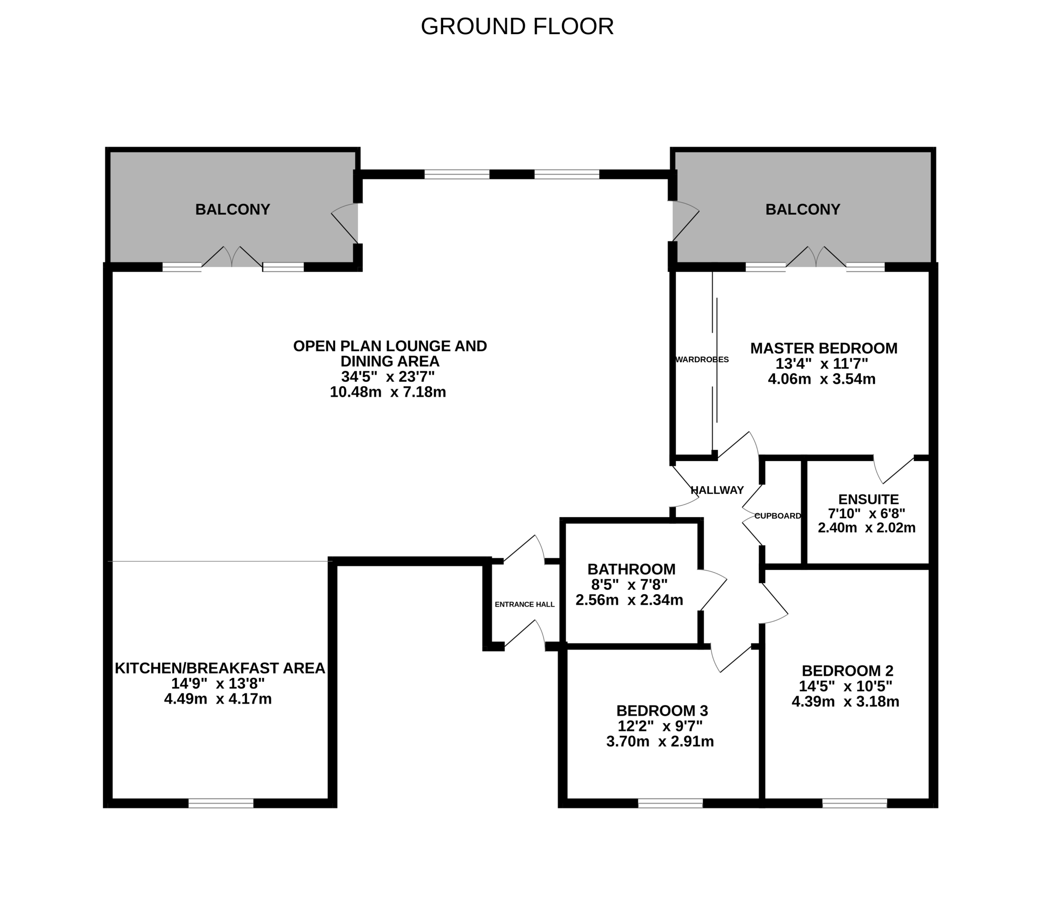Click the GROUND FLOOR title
[517, 26]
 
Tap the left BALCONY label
[232, 209]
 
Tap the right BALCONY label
[803, 209]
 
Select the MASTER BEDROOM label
[823, 348]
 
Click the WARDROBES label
[702, 360]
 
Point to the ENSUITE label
[868, 499]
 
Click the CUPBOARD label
[777, 516]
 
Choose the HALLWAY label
[717, 490]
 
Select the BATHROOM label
[631, 569]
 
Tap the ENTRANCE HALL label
[525, 604]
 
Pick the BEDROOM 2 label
[847, 671]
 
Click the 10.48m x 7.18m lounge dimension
[388, 392]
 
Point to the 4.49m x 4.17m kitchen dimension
[218, 699]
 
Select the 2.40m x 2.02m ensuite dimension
[867, 528]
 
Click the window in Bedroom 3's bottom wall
[671, 803]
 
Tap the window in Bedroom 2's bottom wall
[854, 803]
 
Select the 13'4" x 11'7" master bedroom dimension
[821, 364]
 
